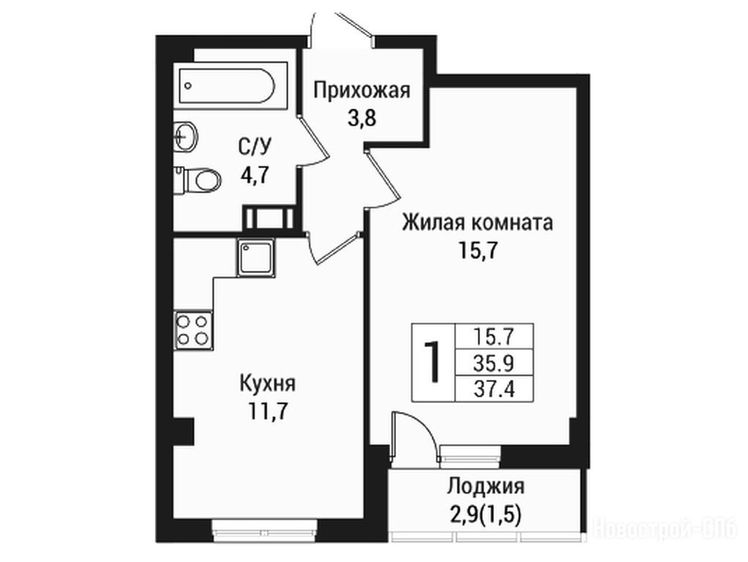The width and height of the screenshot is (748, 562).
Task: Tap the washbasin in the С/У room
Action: pos(184,136)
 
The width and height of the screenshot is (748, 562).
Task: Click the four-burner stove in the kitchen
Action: pos(193,330)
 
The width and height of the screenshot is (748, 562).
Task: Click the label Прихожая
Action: pos(362,90)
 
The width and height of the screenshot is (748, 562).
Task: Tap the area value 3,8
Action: pos(362,117)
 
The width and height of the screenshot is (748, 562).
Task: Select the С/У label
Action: pos(254,147)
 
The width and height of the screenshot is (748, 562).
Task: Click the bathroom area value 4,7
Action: pos(255,176)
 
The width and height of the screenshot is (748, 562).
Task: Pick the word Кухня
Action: pos(267,383)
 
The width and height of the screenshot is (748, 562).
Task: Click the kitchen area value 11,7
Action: pos(267,411)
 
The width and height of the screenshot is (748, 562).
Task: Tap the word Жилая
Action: pos(433,222)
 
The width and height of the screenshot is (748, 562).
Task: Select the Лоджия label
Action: pos(486,487)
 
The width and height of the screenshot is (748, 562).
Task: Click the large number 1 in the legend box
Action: pos(433,361)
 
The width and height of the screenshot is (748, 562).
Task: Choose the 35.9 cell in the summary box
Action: pos(493,364)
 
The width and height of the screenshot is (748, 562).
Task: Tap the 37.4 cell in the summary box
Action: pos(493,389)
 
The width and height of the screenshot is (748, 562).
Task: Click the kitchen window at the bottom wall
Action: pos(264,531)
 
